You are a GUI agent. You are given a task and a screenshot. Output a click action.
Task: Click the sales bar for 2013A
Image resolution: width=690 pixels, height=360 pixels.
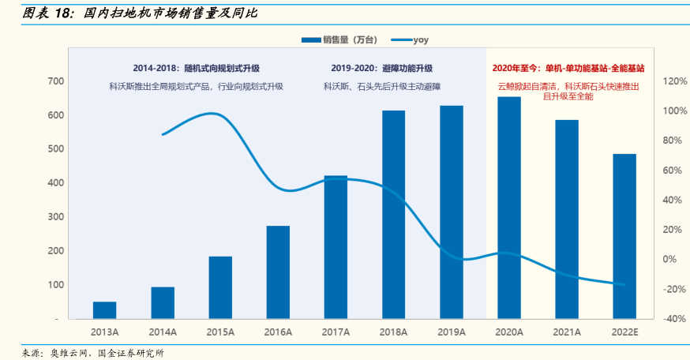click(x=104, y=309)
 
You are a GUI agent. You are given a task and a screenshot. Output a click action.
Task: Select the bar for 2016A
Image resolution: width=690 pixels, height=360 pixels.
click(x=278, y=272)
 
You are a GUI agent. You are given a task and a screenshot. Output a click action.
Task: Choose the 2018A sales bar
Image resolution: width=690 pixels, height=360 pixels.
click(x=393, y=214)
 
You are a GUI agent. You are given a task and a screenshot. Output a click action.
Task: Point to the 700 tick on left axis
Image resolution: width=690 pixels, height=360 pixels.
click(x=55, y=81)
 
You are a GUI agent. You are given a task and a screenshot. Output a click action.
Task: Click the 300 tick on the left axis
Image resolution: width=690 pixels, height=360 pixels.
click(x=55, y=216)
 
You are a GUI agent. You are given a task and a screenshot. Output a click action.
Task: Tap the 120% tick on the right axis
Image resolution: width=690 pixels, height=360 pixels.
click(x=654, y=81)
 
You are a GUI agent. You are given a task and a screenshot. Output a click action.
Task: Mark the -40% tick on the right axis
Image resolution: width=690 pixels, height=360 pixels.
click(x=654, y=318)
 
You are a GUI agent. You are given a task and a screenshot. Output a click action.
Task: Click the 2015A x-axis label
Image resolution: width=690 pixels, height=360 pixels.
click(x=220, y=332)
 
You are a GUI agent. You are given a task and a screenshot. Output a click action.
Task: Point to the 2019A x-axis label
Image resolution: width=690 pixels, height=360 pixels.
click(x=451, y=332)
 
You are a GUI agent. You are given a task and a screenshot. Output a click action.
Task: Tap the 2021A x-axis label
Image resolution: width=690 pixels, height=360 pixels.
click(x=567, y=332)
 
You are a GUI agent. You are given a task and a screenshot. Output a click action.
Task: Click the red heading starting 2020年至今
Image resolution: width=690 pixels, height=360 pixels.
click(x=568, y=69)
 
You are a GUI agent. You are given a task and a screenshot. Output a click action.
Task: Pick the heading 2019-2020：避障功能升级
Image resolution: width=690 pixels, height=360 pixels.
click(x=381, y=69)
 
